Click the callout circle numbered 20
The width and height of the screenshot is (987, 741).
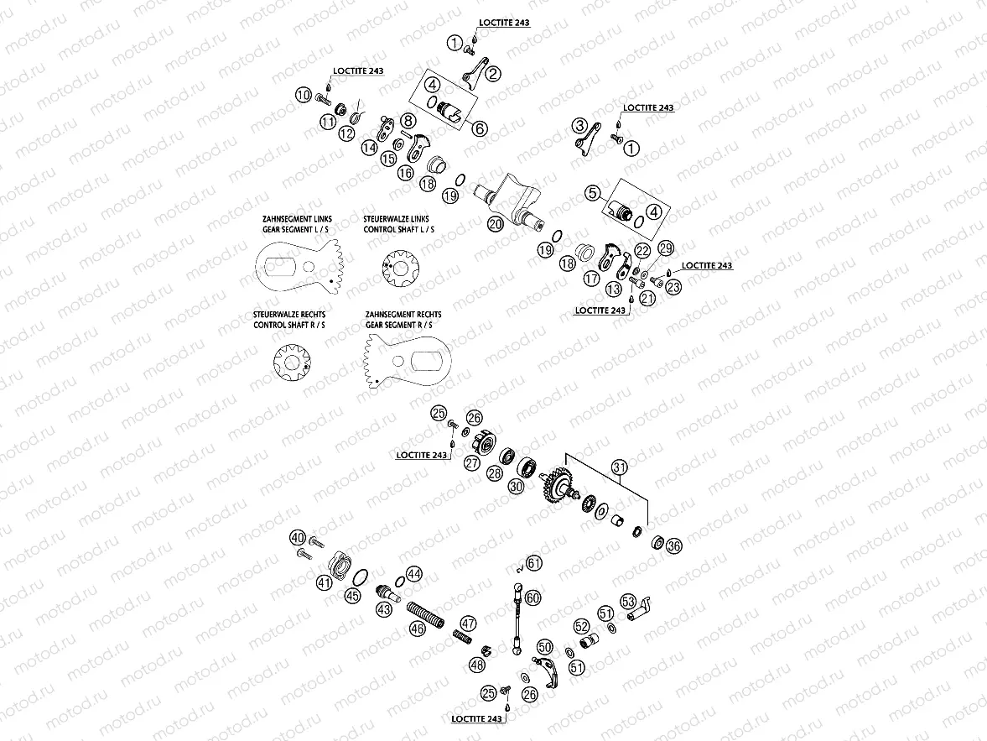(x=495, y=224)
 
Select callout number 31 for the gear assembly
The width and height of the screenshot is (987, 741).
(x=619, y=467)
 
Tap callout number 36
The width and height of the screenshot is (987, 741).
(x=674, y=545)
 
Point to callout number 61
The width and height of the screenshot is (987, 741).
(x=534, y=564)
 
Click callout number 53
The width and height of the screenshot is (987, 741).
(x=628, y=601)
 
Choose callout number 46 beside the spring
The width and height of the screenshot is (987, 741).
(x=417, y=628)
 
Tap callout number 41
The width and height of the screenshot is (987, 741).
(x=325, y=582)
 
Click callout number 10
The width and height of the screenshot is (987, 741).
(x=304, y=95)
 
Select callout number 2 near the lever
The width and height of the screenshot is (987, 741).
(x=492, y=74)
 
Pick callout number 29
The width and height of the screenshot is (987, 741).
(x=666, y=248)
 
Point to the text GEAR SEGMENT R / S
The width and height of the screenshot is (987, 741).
(x=403, y=324)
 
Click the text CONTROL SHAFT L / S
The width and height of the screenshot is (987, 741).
(x=398, y=228)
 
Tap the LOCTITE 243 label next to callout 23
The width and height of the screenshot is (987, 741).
(x=706, y=265)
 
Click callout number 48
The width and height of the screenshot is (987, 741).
(x=477, y=664)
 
